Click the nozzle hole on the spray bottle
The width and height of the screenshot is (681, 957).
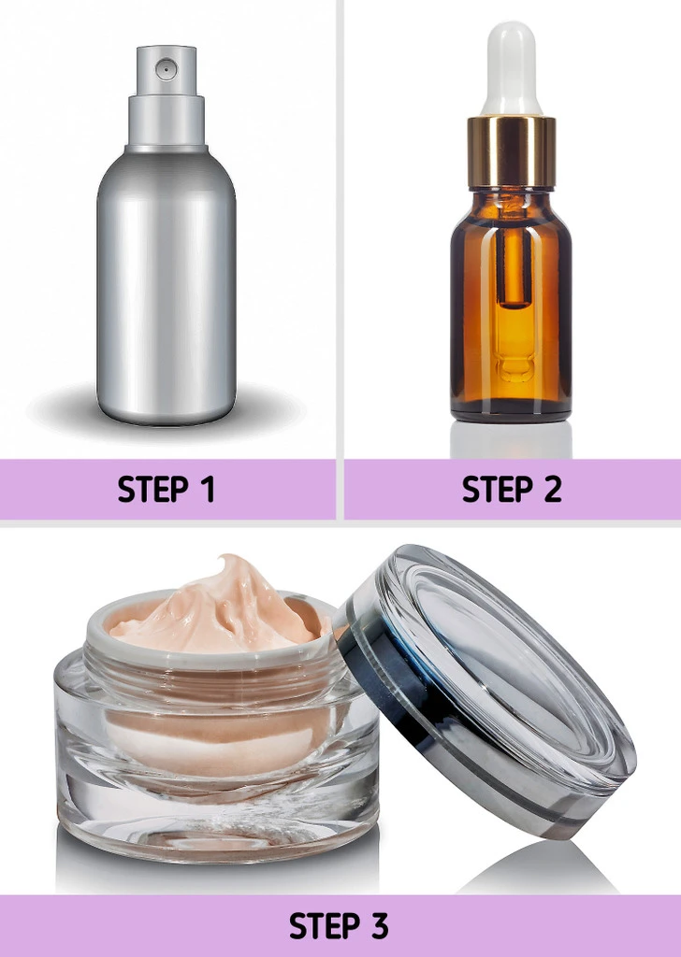166,69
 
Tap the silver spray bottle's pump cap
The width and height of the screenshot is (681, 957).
167,97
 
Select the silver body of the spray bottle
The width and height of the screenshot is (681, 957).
167,287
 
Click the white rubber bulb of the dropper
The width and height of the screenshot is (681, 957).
512,68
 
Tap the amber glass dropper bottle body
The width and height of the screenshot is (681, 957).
512,306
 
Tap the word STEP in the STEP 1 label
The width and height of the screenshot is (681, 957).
153,490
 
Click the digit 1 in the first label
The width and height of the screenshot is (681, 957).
209,490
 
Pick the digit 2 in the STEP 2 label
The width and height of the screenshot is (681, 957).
553,490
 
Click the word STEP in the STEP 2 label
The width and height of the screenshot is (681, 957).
498,490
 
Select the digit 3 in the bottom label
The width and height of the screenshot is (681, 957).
379,926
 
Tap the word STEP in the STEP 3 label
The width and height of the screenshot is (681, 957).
325,926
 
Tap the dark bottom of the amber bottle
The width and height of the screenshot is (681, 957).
512,411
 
